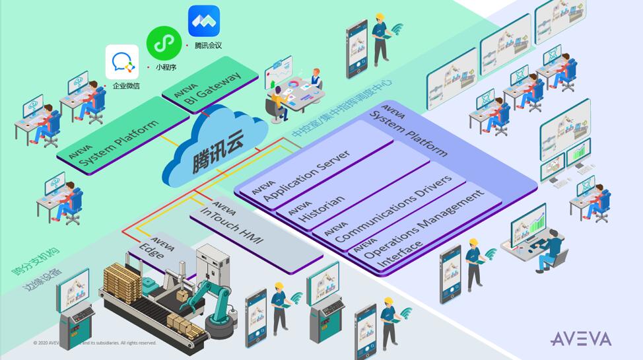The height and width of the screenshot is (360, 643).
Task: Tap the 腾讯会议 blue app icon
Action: [x=204, y=21]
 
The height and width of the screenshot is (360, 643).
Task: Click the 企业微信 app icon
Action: [x=122, y=62]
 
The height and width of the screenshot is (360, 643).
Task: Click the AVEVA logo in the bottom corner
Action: [x=581, y=340]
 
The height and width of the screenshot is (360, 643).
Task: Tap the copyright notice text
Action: [x=95, y=343]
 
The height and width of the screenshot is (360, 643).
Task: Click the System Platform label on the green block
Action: [x=119, y=146]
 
